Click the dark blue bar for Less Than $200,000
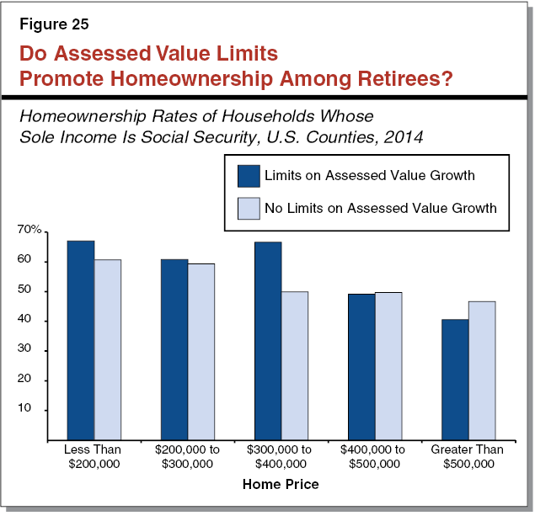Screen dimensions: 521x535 click(x=81, y=340)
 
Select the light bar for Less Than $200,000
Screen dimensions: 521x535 click(x=108, y=349)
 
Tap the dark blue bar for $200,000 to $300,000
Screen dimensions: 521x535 click(x=174, y=349)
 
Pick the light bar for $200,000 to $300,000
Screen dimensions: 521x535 click(x=201, y=352)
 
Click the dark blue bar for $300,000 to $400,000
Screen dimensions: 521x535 click(x=268, y=340)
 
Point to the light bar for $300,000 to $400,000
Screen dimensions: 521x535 click(x=295, y=365)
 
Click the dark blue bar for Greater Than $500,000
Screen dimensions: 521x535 click(x=455, y=379)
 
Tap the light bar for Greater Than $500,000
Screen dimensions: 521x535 click(x=482, y=370)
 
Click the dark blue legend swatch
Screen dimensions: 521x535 click(x=249, y=175)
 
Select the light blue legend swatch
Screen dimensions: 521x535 click(x=249, y=207)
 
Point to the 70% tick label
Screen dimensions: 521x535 click(x=29, y=231)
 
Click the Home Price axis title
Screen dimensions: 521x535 click(x=281, y=485)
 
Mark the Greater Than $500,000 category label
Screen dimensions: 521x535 click(x=468, y=456)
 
